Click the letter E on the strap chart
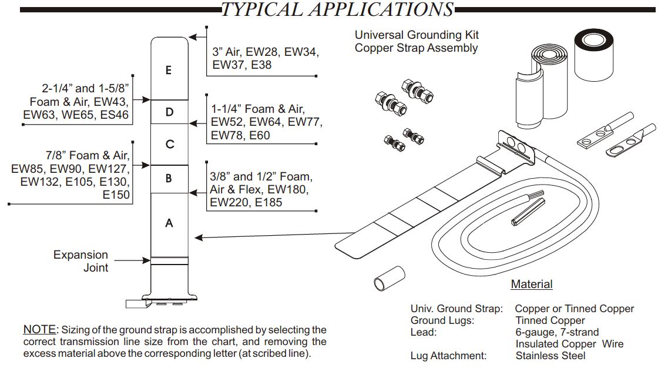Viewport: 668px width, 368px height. [169, 70]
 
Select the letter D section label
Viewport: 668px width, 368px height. [169, 112]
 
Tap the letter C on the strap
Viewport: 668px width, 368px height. [169, 144]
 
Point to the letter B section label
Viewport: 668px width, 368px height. [169, 178]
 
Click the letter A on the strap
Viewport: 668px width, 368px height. [169, 223]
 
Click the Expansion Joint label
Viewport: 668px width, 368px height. [81, 261]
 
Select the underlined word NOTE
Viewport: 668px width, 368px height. [40, 330]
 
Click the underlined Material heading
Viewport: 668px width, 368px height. [531, 285]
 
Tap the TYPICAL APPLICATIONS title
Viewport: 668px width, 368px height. [337, 9]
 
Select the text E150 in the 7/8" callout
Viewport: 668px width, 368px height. [116, 195]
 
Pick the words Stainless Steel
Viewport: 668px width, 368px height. [550, 356]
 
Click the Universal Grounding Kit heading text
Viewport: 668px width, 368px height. [417, 35]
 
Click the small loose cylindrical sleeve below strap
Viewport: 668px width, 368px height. [388, 277]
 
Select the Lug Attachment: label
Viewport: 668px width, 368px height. [448, 356]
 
